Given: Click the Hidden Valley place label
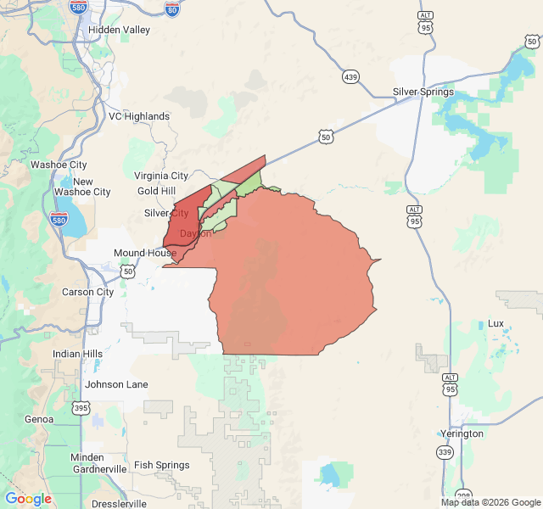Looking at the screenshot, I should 119,30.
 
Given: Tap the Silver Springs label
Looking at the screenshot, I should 423,92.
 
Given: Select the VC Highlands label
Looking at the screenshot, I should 139,116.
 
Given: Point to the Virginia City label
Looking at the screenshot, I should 161,176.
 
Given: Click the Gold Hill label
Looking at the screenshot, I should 157,191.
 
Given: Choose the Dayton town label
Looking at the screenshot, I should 196,233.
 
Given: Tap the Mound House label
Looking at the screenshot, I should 145,253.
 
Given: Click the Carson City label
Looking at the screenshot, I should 87,292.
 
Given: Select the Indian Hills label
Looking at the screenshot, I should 77,354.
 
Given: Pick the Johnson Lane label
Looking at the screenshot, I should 116,384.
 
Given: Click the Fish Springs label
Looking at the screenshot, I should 162,465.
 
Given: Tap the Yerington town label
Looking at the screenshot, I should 462,433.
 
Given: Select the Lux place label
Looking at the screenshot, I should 495,323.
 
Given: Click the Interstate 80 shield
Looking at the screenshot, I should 172,9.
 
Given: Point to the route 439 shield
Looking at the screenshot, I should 351,77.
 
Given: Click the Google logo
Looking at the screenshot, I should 28,499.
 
